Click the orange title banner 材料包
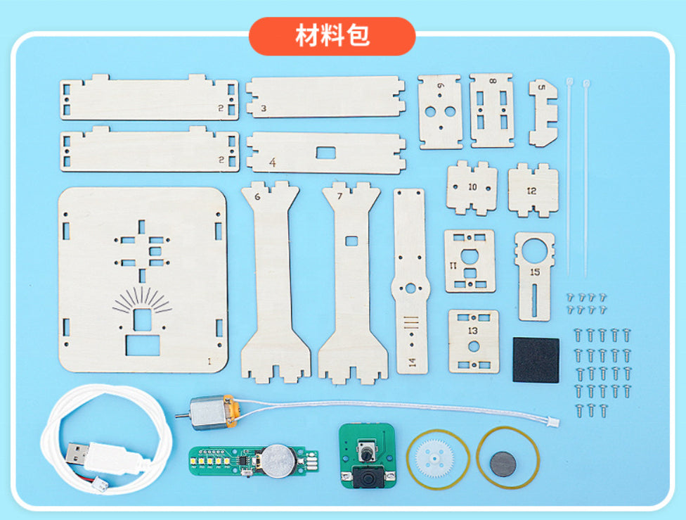(x=332, y=36)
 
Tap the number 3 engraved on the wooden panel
(x=264, y=108)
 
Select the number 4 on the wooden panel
(x=273, y=163)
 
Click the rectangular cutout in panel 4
(x=326, y=153)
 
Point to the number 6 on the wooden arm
(x=257, y=197)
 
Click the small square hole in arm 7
(x=351, y=241)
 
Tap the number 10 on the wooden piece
(x=472, y=187)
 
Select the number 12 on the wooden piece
(x=531, y=191)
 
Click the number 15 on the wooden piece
(x=535, y=272)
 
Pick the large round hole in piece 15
(x=535, y=251)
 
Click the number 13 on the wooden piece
(x=472, y=331)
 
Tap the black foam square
(x=536, y=360)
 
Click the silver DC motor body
(x=208, y=413)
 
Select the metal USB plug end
(x=77, y=454)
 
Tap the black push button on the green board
(x=368, y=477)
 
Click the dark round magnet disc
(x=503, y=464)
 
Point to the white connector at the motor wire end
(x=553, y=422)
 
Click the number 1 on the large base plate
(x=209, y=362)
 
